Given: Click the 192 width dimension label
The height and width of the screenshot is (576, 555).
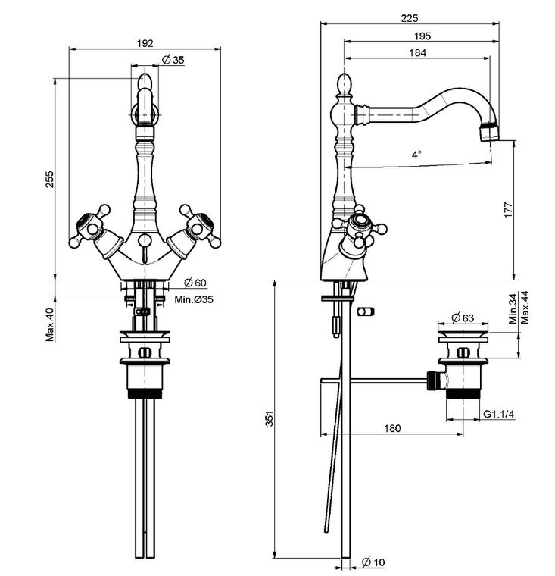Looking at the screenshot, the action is click(145, 43).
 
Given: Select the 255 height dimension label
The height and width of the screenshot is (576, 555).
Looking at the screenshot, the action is click(49, 179).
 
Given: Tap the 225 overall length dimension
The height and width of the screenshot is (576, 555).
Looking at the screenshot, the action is click(410, 18).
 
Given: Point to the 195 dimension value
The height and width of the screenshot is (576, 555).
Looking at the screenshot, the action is click(422, 36).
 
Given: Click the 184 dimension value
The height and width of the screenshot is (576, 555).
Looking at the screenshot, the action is click(418, 53).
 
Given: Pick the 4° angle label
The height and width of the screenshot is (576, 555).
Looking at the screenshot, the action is click(416, 155).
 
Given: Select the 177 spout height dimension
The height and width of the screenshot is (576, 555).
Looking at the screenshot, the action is click(508, 210).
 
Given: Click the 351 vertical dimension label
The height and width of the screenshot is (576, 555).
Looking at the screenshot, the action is click(270, 418).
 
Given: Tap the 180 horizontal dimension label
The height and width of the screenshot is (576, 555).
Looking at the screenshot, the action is click(392, 428).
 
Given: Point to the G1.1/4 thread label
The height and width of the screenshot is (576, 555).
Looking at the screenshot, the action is click(498, 414).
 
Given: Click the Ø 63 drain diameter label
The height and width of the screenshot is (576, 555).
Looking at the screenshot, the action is click(463, 318).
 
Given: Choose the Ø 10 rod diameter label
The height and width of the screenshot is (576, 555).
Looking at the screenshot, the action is click(373, 562).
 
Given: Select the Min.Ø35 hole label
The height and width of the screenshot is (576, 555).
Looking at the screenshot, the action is click(193, 299).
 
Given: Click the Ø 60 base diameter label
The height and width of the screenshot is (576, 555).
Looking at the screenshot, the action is click(195, 283).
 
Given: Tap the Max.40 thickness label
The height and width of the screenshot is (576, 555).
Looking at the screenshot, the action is click(50, 325).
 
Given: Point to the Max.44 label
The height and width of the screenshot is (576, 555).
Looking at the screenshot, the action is click(525, 308).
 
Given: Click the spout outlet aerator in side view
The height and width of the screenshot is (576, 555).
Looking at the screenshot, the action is click(490, 132).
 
